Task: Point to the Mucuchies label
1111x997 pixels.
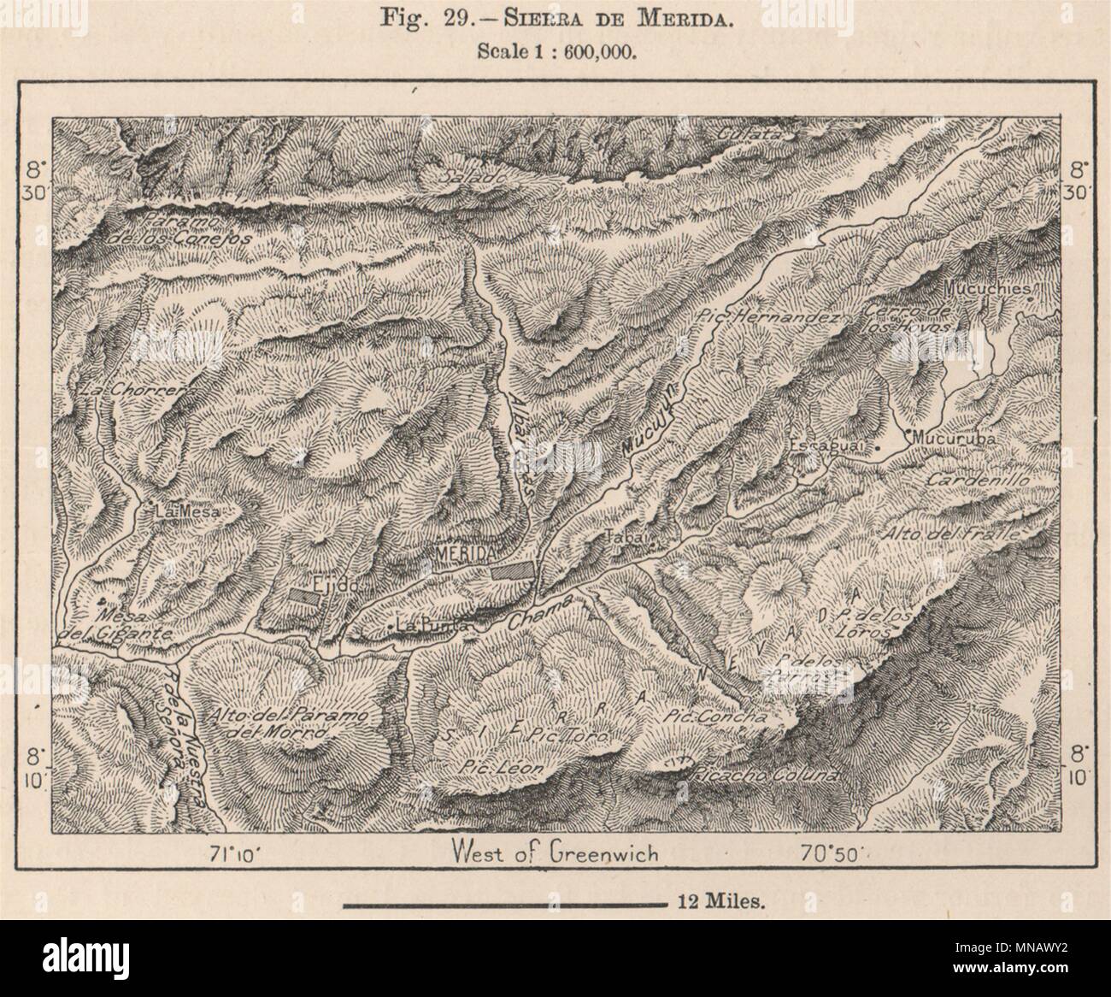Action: coord(989,289)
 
